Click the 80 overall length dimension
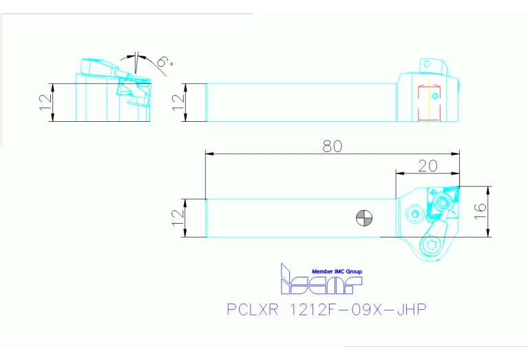point(332,145)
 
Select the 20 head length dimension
point(427,166)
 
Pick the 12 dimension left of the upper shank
point(178,103)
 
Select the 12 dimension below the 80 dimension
point(178,218)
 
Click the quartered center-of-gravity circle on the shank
point(364,218)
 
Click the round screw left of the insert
point(414,213)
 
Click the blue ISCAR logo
point(319,281)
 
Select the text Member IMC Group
point(337,272)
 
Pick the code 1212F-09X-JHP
point(359,310)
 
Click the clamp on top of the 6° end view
point(97,66)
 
